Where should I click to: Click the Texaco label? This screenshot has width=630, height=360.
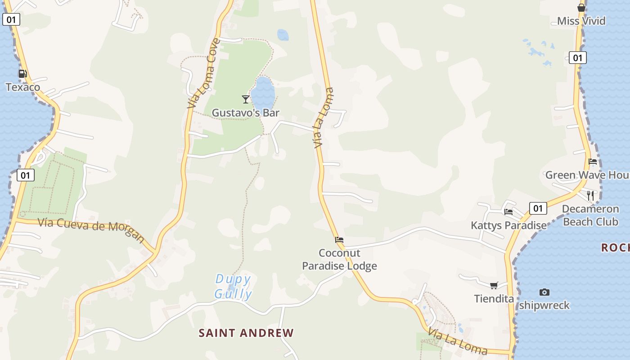23,87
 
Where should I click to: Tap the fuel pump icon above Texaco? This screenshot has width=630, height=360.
22,74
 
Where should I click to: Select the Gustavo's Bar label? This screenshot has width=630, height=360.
246,112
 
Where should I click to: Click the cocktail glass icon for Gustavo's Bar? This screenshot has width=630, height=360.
246,99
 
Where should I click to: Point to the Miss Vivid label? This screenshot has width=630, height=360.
581,21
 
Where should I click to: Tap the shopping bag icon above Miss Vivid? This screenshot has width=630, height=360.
581,8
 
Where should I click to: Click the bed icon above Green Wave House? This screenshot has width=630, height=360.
593,162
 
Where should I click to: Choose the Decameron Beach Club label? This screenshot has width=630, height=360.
590,215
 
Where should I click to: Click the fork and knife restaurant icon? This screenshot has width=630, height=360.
590,195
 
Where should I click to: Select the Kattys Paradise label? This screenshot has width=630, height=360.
508,225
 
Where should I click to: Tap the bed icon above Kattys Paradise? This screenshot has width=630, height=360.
508,211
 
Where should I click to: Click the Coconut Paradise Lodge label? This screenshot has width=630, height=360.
339,259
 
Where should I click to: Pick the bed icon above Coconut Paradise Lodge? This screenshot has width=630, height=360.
339,240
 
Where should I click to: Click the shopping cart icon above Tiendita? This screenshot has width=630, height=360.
494,285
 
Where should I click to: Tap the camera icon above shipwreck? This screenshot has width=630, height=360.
544,292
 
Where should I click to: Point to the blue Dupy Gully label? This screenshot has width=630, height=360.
233,287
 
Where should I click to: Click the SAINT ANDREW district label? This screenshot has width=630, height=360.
246,333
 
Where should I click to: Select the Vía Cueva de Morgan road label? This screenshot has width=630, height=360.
91,229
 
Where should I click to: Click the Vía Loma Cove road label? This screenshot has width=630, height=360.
204,73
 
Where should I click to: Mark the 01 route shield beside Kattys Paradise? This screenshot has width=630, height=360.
538,208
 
